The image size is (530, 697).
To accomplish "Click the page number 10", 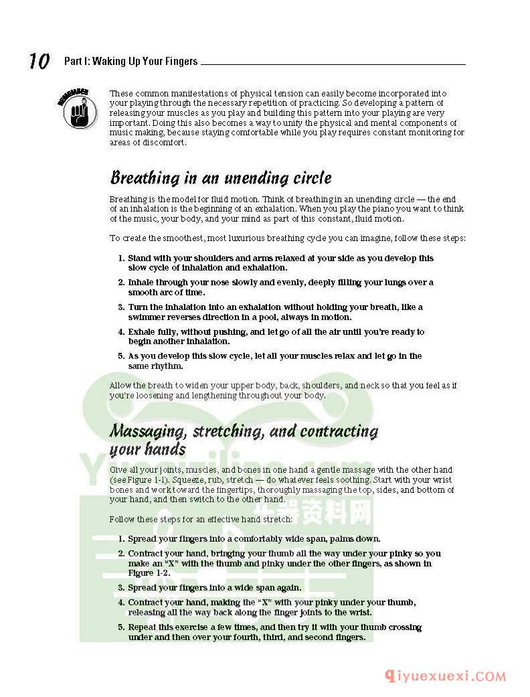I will click(x=39, y=62).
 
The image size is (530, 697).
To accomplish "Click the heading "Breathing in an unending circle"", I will click(x=220, y=179).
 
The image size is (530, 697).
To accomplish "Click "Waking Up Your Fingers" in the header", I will click(x=145, y=62).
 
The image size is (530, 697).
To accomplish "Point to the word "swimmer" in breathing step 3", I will click(x=148, y=317).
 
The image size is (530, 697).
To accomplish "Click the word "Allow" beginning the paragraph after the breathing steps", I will click(x=120, y=386).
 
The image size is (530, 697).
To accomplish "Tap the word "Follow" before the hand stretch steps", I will click(x=121, y=520).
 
